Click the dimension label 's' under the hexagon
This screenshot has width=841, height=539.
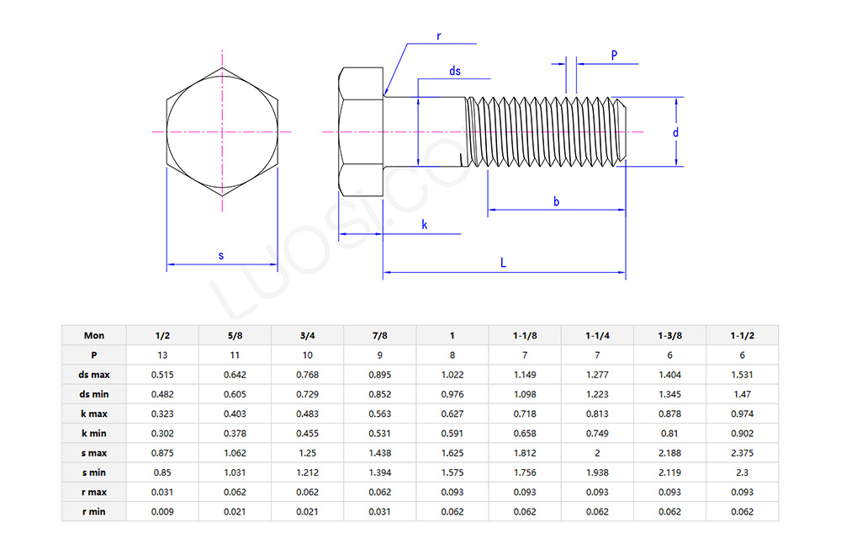click(221, 254)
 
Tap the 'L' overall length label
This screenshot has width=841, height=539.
click(503, 263)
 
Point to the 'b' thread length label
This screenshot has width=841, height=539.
click(556, 201)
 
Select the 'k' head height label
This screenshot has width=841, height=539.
click(424, 225)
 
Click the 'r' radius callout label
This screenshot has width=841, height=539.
click(439, 36)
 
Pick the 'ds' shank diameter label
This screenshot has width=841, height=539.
click(455, 72)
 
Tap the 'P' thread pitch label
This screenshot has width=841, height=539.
click(614, 55)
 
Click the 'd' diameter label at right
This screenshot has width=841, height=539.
click(675, 132)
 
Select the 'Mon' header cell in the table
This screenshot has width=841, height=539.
click(94, 335)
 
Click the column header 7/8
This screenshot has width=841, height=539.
click(380, 335)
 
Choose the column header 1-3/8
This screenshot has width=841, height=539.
click(669, 335)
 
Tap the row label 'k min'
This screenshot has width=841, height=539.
click(94, 433)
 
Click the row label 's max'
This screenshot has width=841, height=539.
click(94, 453)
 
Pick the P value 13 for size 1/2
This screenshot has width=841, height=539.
click(162, 355)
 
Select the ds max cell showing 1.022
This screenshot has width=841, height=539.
click(452, 375)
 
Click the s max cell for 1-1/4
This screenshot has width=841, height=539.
click(597, 453)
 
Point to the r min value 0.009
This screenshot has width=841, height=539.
click(162, 511)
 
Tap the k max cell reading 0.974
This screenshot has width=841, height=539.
click(743, 414)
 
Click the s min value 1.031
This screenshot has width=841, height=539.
click(235, 472)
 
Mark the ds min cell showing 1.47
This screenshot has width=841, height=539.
click(743, 394)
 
